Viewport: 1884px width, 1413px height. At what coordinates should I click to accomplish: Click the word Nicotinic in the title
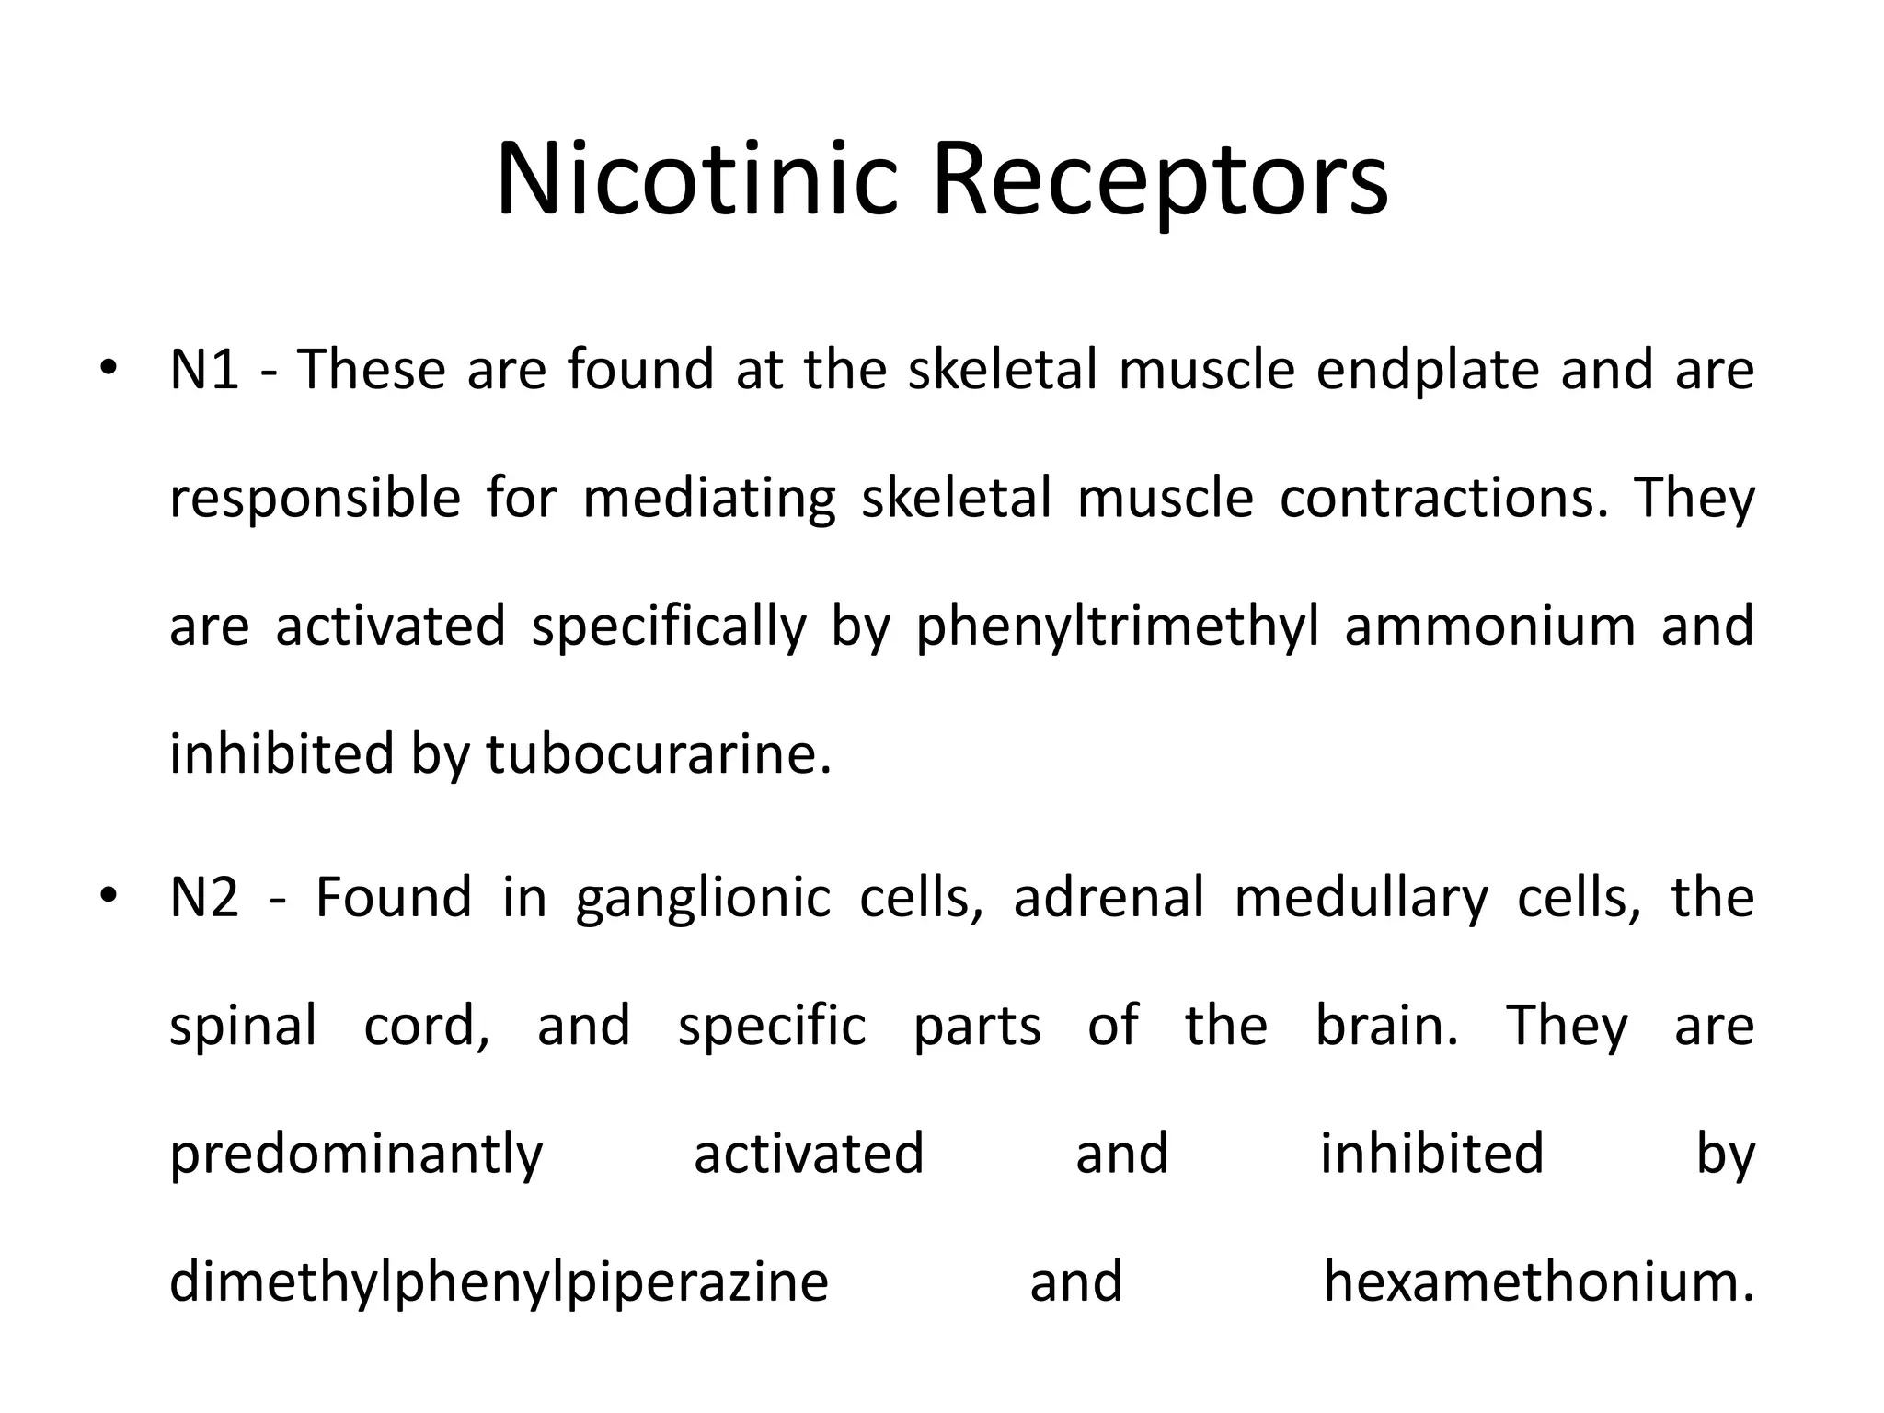pos(695,179)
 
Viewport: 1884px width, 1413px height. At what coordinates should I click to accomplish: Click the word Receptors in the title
pos(1160,179)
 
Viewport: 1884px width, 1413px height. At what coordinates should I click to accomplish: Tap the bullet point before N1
pos(109,368)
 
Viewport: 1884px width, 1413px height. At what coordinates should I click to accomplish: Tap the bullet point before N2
pos(109,896)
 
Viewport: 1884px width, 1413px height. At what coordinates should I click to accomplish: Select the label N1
pos(204,370)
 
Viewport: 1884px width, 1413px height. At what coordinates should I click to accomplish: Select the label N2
pos(204,898)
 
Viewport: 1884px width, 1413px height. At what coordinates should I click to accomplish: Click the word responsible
pos(315,500)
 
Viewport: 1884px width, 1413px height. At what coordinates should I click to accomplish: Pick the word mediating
pos(709,500)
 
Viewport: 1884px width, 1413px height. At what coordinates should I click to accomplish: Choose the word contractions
pos(1443,498)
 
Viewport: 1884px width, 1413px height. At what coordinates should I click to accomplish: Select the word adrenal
pos(1109,898)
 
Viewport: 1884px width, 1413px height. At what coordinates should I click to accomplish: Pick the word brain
pos(1386,1026)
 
